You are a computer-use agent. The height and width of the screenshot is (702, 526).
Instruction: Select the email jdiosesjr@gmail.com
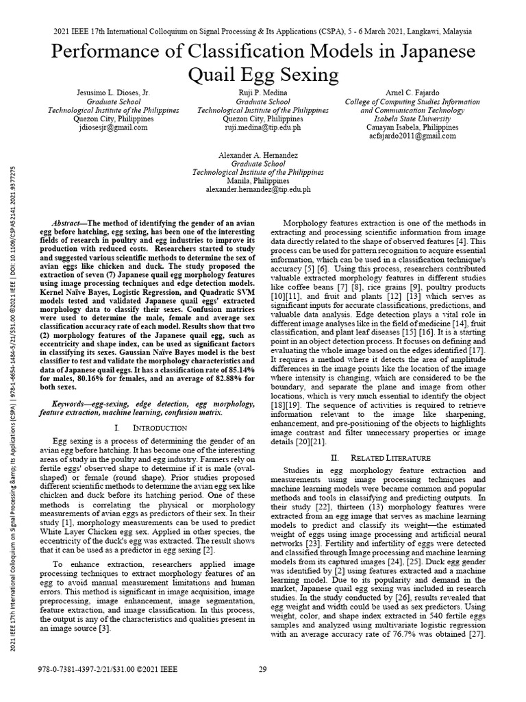113,128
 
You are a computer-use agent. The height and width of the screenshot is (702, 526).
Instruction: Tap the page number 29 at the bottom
262,670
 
